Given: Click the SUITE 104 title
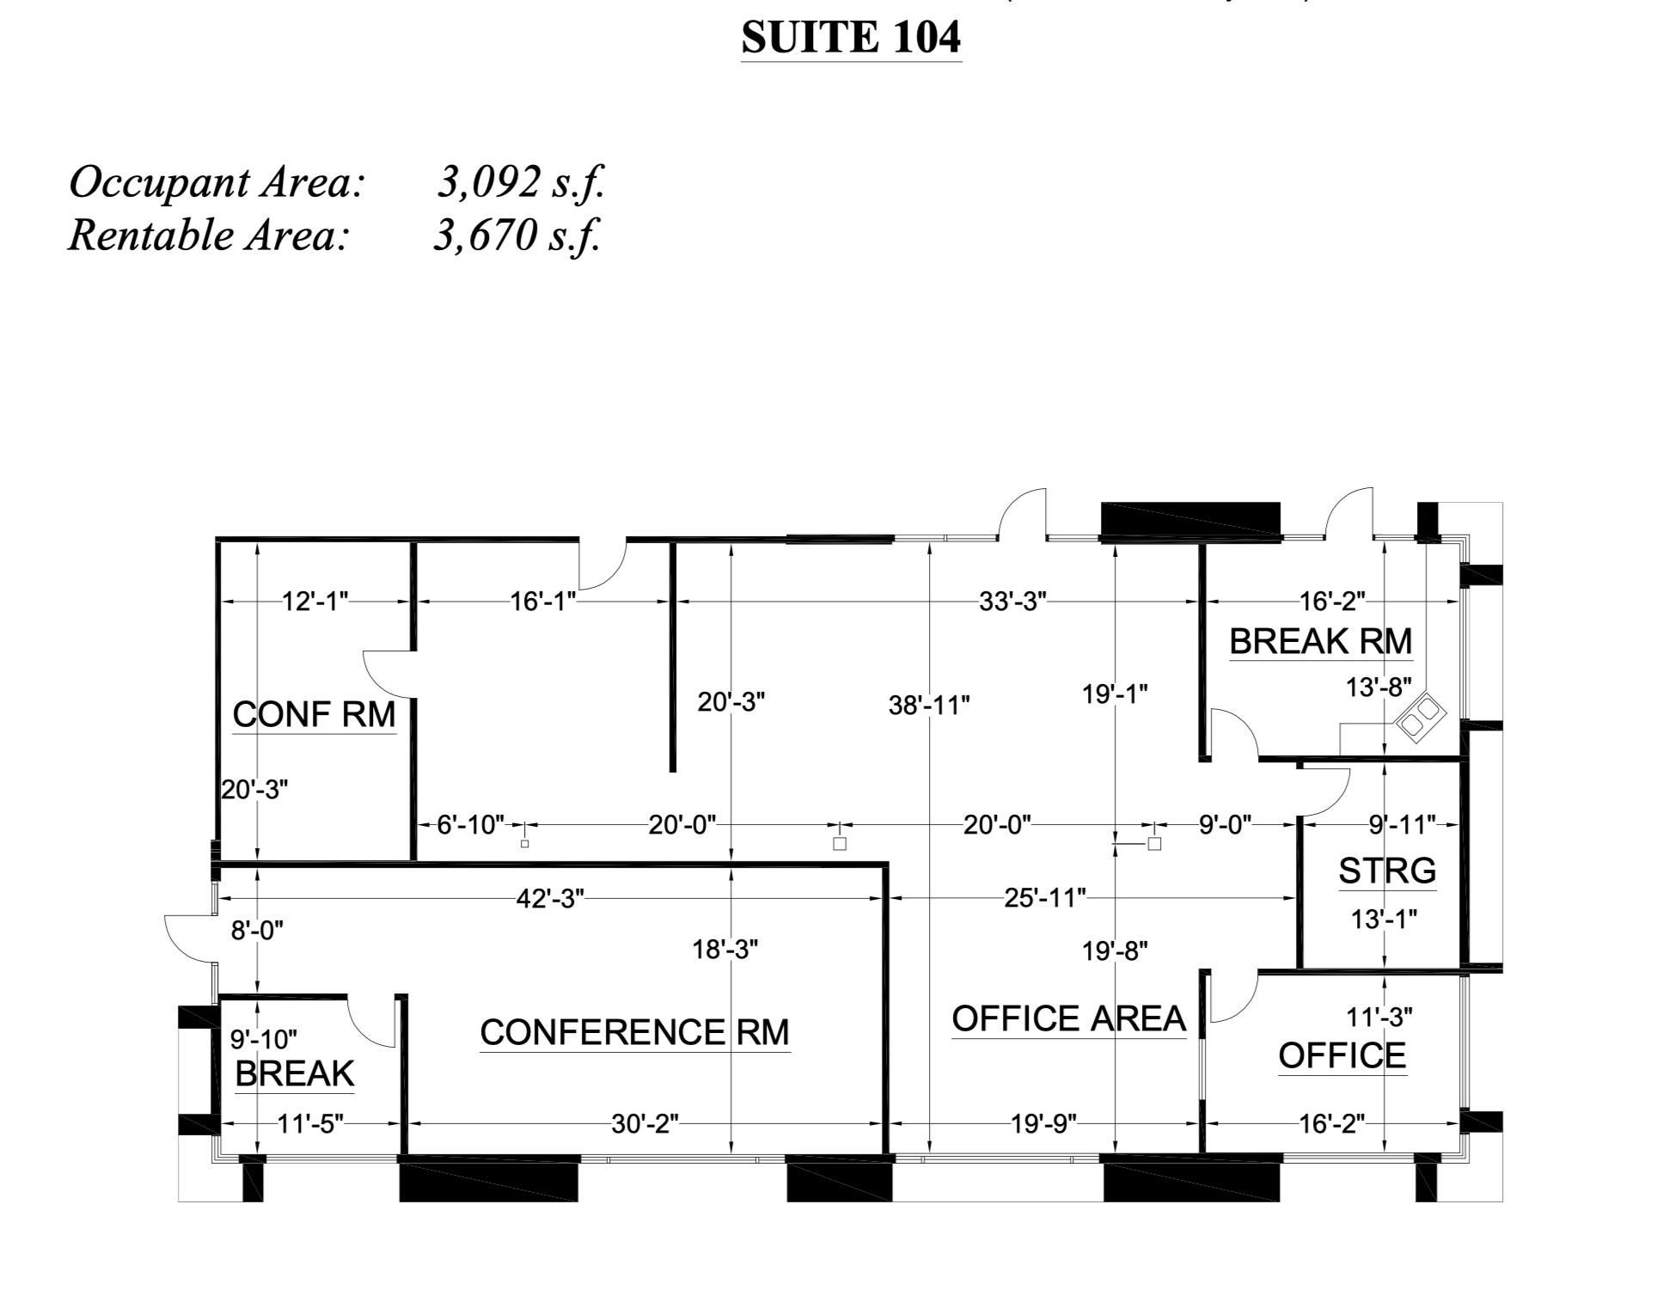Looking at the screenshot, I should (851, 38).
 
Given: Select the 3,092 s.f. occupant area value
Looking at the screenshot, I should (521, 183).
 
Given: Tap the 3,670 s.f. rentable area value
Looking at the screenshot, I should (517, 235).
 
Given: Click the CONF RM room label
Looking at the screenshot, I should (314, 714).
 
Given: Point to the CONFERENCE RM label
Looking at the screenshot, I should (634, 1032).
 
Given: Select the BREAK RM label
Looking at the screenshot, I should (1320, 641).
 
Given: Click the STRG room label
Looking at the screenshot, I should (1387, 871).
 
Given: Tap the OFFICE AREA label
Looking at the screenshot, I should (1068, 1018).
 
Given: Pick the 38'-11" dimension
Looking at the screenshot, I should (929, 706).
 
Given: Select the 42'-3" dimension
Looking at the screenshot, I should (550, 898).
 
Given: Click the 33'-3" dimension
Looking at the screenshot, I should (1012, 602).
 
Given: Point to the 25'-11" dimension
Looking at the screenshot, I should (1045, 898).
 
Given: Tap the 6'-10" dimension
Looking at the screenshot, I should (470, 825).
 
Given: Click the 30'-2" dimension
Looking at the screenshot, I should (645, 1123).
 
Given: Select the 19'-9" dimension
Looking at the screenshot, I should (1043, 1123).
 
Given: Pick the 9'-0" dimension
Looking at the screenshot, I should (1225, 825).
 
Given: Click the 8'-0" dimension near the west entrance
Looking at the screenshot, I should (256, 930).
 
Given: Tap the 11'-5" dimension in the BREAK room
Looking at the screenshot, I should (310, 1123).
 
